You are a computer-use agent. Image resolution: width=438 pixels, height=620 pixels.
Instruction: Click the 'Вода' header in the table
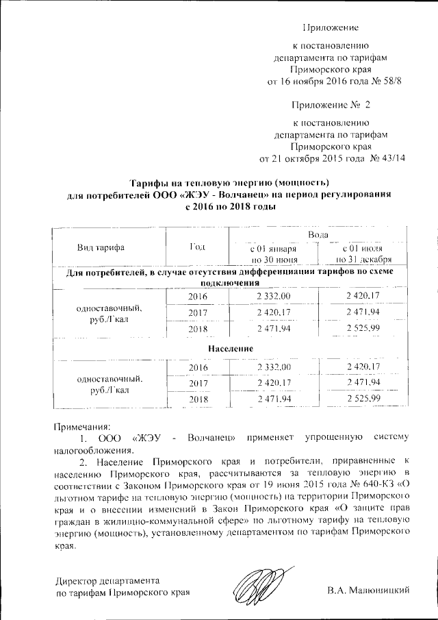tap(319, 235)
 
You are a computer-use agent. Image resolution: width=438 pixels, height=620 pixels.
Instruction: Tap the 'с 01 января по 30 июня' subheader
tap(274, 253)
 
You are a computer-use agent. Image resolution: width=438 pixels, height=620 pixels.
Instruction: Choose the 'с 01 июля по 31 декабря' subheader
tap(363, 253)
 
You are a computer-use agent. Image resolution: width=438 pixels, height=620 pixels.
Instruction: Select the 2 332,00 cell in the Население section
tap(274, 367)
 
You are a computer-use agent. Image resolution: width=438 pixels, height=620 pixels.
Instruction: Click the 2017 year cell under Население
tap(197, 383)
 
